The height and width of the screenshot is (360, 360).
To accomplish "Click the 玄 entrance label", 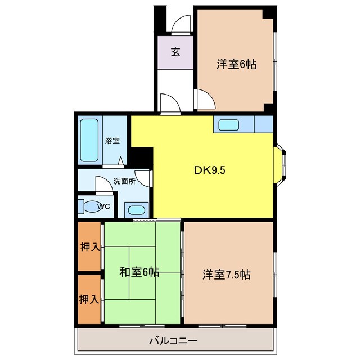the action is tap(175, 52).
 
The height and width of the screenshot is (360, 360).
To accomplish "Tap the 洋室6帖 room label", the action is tap(236, 64).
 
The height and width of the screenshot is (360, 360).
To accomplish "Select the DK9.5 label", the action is tap(210, 170).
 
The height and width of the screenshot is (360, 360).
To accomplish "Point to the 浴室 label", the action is tap(112, 141).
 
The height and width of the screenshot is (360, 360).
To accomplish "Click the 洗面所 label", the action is tap(124, 181).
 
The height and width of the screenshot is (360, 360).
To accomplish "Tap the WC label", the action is tap(103, 206).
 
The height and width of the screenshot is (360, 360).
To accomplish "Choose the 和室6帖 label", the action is tap(139, 272).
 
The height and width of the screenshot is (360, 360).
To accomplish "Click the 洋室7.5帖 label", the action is tap(227, 274).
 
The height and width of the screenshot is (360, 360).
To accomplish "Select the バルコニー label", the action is tap(173, 340).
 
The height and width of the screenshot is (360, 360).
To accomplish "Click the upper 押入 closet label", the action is tap(90, 247).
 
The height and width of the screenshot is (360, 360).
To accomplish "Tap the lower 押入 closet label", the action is tap(89, 299).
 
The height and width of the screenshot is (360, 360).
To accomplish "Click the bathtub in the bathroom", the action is tap(89, 140).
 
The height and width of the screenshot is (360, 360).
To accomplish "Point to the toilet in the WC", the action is tap(90, 206).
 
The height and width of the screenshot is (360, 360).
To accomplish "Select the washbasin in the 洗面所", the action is tap(136, 210).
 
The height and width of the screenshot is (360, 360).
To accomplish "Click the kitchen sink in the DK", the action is tap(229, 125).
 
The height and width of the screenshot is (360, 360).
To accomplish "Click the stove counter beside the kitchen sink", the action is tap(264, 124).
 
